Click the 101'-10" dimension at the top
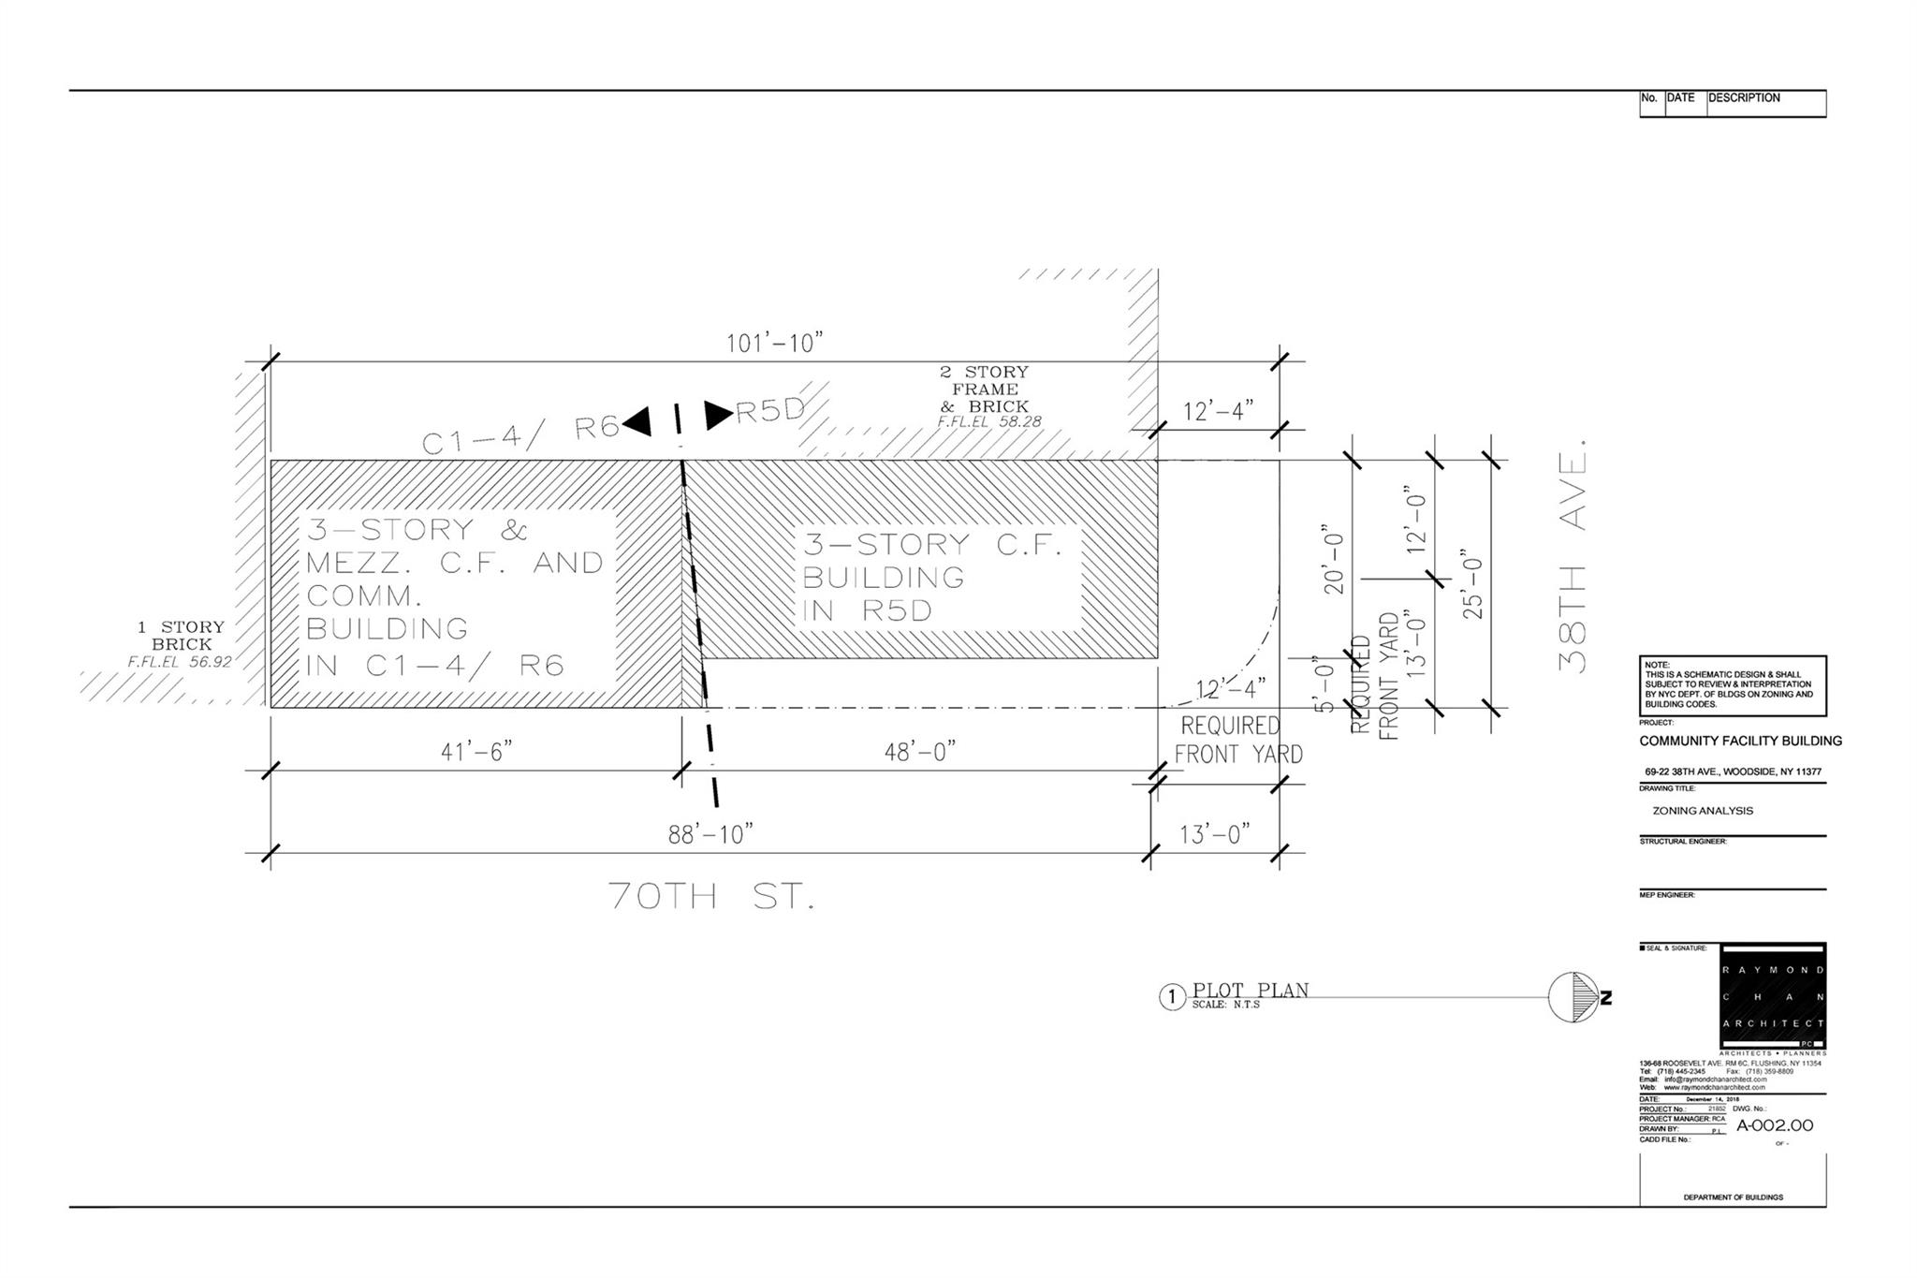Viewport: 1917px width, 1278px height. [x=774, y=343]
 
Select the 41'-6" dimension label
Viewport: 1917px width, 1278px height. [x=476, y=752]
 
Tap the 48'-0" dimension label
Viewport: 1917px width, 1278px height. [x=920, y=752]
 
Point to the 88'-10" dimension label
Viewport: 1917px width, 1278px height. [x=710, y=834]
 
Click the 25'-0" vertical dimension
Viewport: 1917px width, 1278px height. [x=1473, y=583]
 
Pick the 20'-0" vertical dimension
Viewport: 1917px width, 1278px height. [x=1333, y=563]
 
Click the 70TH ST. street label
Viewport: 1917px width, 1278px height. [x=711, y=897]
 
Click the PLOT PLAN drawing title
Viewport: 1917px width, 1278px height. [x=1250, y=991]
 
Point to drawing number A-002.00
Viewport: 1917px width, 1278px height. [x=1775, y=1126]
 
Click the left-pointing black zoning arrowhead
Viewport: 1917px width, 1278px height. [x=637, y=422]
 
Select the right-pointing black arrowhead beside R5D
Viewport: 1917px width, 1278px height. [x=719, y=415]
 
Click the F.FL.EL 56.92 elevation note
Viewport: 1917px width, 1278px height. [x=179, y=662]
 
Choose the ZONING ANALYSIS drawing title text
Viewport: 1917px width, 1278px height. [x=1703, y=811]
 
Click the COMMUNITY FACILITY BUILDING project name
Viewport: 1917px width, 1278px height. [x=1740, y=741]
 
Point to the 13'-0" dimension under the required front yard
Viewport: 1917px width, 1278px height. [x=1214, y=834]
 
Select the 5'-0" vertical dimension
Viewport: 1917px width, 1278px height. [x=1324, y=684]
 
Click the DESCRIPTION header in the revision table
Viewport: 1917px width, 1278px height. [x=1744, y=97]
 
